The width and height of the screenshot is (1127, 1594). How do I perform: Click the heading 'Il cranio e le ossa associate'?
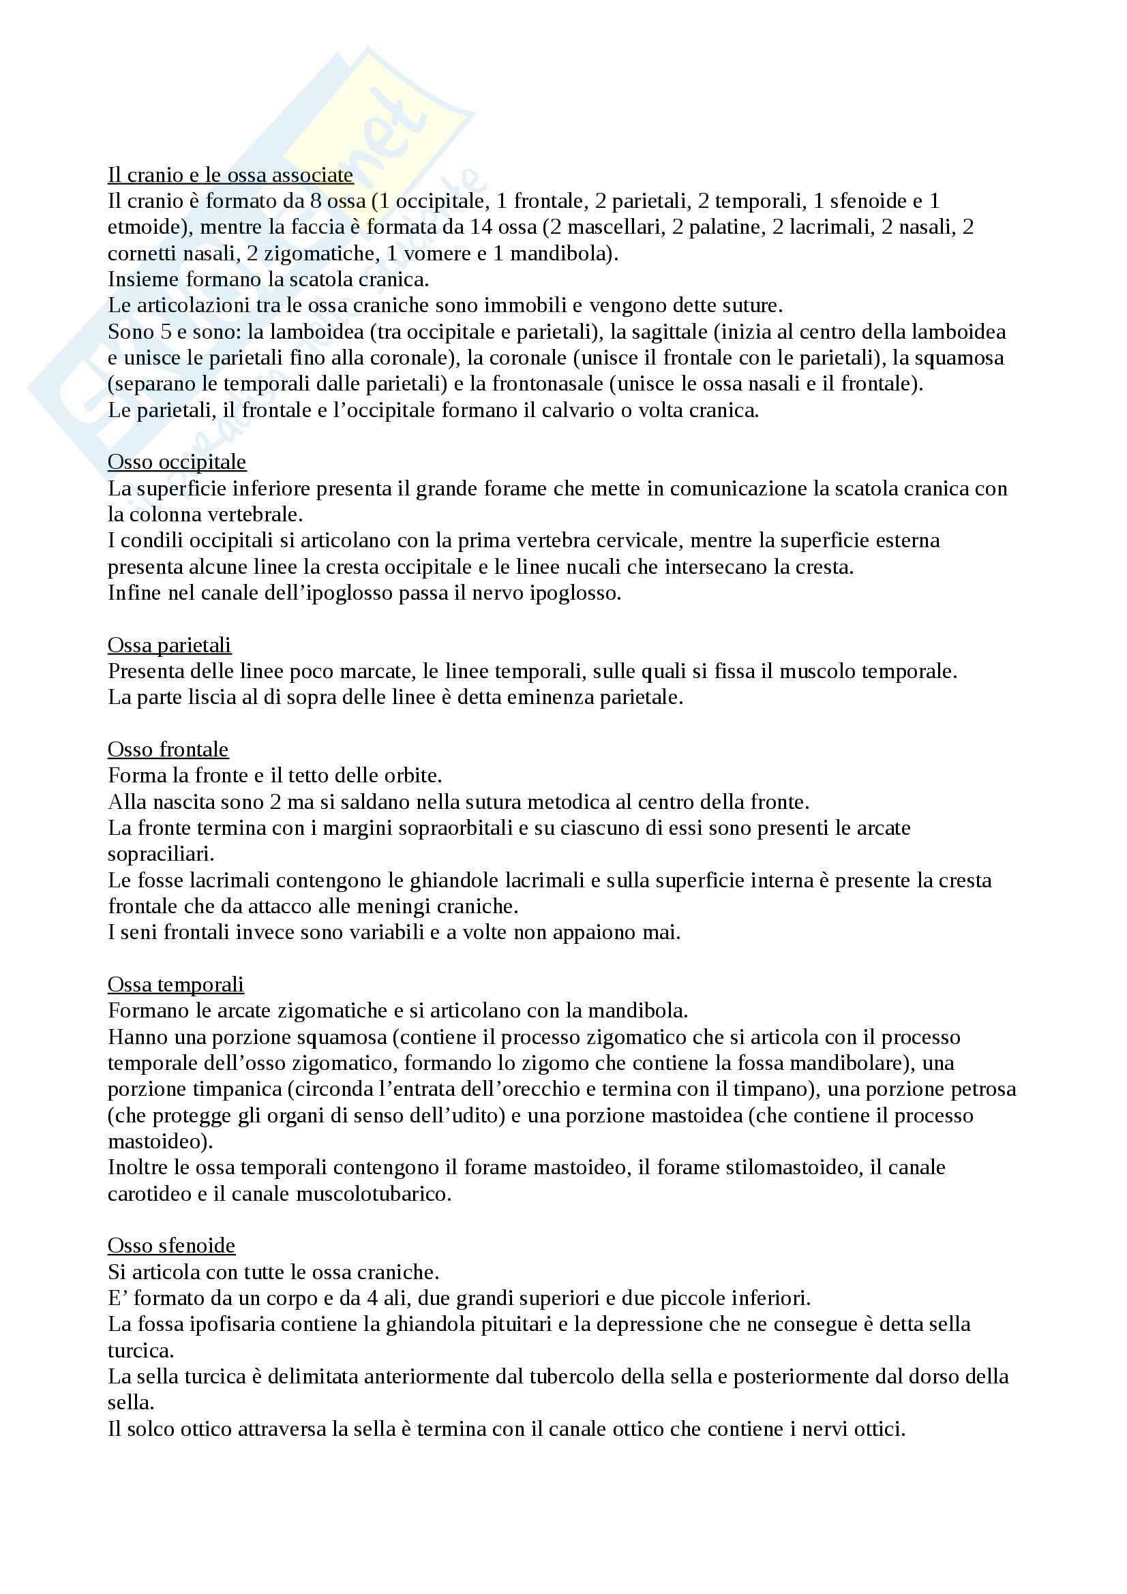click(x=230, y=175)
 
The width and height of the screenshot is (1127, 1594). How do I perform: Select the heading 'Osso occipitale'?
click(x=177, y=461)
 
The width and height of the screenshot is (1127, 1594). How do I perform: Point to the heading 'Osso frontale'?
click(x=167, y=749)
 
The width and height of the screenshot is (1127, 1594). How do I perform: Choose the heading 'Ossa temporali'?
click(x=175, y=985)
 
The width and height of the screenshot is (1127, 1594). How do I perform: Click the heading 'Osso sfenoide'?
click(x=171, y=1246)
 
